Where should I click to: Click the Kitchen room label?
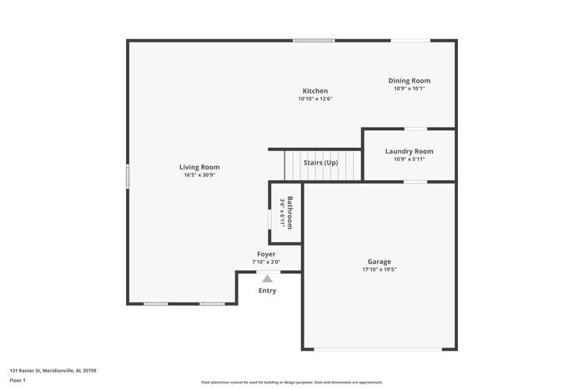coord(315,91)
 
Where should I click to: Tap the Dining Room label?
coord(409,81)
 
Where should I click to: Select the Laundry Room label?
coord(409,151)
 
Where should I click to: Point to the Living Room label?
coord(199,167)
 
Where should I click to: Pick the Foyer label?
coord(266,254)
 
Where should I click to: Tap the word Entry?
coord(267,291)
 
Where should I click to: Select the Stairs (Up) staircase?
coord(320,164)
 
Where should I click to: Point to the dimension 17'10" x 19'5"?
coord(379,270)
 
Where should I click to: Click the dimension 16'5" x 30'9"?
coord(199,175)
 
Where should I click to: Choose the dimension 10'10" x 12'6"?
coord(315,99)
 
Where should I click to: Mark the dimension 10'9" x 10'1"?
coord(409,89)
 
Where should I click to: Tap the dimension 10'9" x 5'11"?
coord(409,160)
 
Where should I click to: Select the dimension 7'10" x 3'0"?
coord(266,262)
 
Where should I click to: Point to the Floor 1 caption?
coord(18,381)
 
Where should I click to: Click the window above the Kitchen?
coord(314,40)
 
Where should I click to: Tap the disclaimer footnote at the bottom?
coord(291,382)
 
